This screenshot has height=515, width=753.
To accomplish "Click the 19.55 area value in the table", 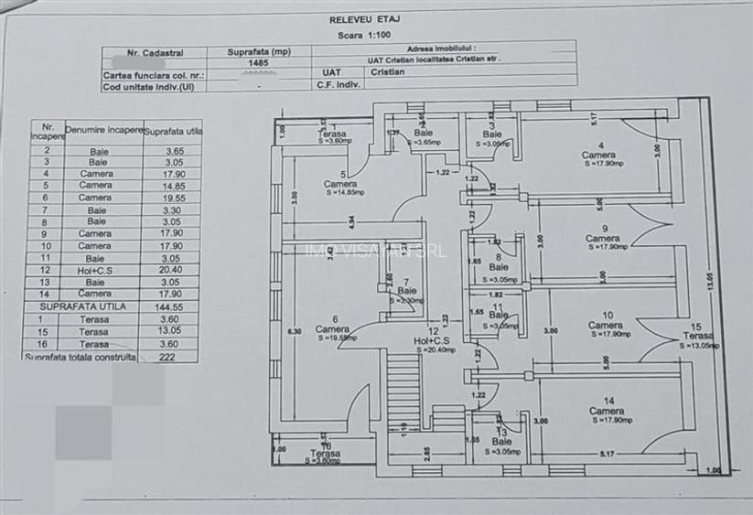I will (175, 197).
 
